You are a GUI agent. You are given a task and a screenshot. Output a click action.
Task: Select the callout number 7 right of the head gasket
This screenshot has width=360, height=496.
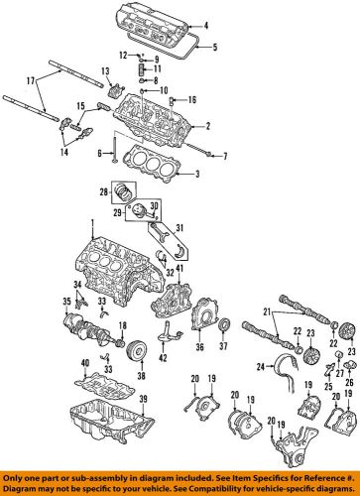click(x=225, y=157)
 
